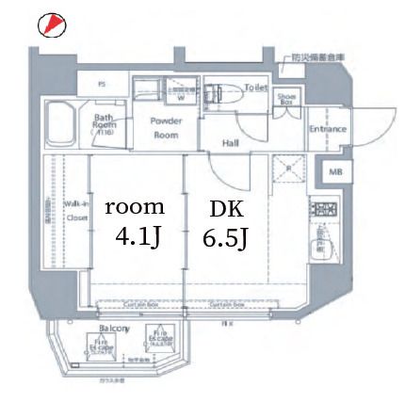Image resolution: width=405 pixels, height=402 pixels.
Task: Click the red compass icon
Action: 51,24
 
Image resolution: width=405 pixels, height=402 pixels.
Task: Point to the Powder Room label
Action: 166,127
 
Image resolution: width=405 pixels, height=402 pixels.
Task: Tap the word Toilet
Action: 255,87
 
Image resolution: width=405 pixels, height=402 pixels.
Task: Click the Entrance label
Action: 328,129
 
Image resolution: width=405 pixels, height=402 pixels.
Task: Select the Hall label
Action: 230,143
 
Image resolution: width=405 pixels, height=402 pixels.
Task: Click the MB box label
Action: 334,173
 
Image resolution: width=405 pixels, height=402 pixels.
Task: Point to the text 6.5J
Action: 225,239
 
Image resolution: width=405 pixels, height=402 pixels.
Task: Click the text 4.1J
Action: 136,235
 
